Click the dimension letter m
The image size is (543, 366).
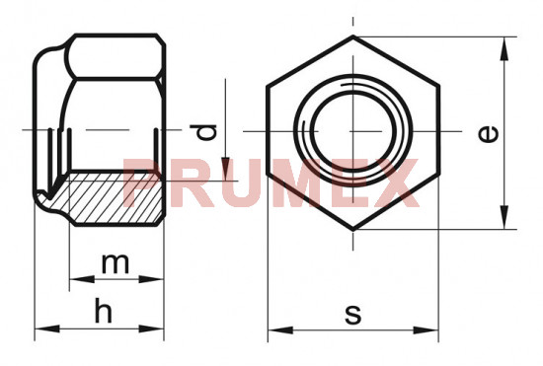click(116, 263)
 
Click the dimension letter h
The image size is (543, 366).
click(104, 311)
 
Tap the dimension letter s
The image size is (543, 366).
click(353, 315)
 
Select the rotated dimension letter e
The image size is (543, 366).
click(489, 134)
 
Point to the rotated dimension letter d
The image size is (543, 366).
click(203, 132)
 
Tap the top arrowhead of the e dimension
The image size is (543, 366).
click(504, 48)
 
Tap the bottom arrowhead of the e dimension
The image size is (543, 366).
click(504, 217)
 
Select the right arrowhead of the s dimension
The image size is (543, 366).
click(426, 330)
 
